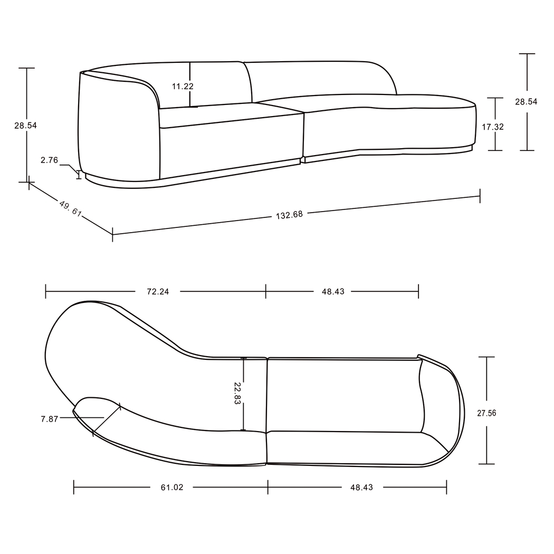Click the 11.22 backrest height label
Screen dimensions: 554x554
coord(182,86)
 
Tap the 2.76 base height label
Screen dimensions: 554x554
coord(49,160)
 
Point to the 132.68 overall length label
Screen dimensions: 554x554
coord(289,215)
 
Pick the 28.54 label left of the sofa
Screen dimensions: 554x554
coord(25,126)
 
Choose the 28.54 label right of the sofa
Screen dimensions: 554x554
coord(526,102)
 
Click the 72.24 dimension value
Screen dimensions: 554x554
coord(157,291)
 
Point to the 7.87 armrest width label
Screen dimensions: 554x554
coord(50,419)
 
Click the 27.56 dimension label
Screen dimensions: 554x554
coord(486,414)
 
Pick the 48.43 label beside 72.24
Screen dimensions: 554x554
coord(332,291)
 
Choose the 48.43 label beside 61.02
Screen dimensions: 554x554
coord(361,488)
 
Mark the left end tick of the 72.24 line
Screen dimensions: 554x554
coord(46,291)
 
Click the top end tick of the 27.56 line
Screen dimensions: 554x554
coord(486,357)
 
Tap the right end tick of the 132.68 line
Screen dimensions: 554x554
coord(480,196)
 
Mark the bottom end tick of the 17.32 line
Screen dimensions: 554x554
coord(495,150)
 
